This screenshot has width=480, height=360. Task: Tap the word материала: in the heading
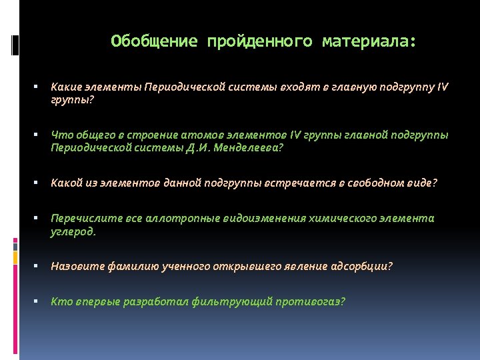pyautogui.click(x=369, y=42)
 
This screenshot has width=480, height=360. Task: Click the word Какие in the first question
pyautogui.click(x=65, y=87)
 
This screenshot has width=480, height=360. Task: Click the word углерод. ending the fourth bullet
pyautogui.click(x=73, y=231)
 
